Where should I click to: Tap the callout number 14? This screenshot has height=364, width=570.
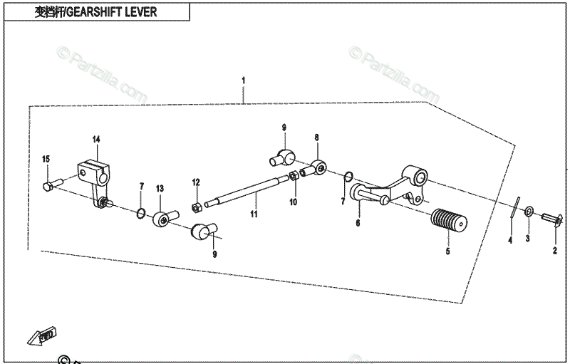[x=96, y=139]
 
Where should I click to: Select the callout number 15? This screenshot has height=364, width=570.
[x=46, y=158]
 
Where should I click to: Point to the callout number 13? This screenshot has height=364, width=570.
[x=160, y=188]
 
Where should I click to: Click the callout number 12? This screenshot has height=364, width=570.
[x=195, y=183]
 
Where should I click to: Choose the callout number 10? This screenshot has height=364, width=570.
[x=292, y=202]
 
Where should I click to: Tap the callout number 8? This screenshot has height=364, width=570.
[x=317, y=137]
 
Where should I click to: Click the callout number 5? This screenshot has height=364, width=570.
[x=447, y=251]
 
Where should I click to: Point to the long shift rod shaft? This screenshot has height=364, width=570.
[x=249, y=190]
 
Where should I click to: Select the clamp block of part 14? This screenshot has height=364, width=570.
[x=95, y=172]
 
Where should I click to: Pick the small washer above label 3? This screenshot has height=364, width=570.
[x=529, y=212]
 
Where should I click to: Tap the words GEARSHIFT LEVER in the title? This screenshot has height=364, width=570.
[x=126, y=13]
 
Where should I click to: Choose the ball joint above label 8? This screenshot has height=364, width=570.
[x=318, y=168]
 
